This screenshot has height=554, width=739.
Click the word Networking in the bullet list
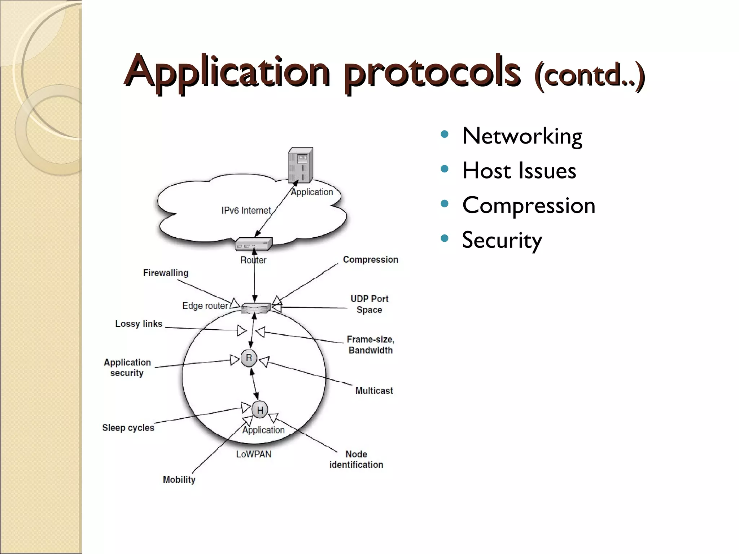pyautogui.click(x=522, y=136)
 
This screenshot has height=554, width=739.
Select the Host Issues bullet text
pyautogui.click(x=519, y=171)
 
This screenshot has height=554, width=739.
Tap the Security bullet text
pyautogui.click(x=502, y=240)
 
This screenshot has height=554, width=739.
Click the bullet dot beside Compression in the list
pyautogui.click(x=445, y=204)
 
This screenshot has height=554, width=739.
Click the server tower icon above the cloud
pyautogui.click(x=300, y=165)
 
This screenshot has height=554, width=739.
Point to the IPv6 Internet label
pyautogui.click(x=246, y=210)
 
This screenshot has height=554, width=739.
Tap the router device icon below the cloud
pyautogui.click(x=253, y=244)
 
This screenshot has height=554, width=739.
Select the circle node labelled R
pyautogui.click(x=249, y=358)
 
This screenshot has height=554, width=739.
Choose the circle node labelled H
pyautogui.click(x=260, y=410)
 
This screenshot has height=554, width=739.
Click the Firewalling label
pyautogui.click(x=166, y=273)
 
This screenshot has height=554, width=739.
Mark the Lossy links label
pyautogui.click(x=139, y=324)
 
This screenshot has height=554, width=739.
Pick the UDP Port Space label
pyautogui.click(x=369, y=304)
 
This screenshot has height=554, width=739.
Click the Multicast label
pyautogui.click(x=374, y=391)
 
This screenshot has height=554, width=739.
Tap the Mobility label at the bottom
pyautogui.click(x=179, y=480)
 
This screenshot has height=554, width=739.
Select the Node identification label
pyautogui.click(x=356, y=459)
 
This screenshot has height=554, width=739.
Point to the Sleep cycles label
pyautogui.click(x=128, y=428)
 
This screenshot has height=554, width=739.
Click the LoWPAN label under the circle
pyautogui.click(x=254, y=454)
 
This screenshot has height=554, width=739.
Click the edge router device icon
pyautogui.click(x=255, y=308)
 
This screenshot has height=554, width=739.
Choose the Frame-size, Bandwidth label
pyautogui.click(x=370, y=344)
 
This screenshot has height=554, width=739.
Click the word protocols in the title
pyautogui.click(x=432, y=72)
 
